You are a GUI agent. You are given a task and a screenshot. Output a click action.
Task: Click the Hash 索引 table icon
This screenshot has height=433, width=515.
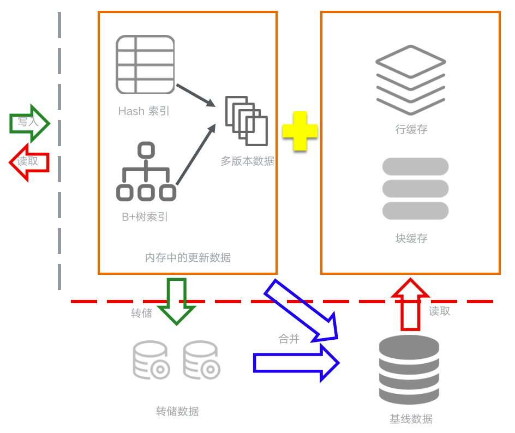(x=145, y=64)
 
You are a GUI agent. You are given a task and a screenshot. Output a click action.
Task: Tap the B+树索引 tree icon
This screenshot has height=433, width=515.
(x=146, y=172)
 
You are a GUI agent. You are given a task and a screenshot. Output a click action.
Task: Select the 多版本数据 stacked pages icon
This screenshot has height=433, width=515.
(x=247, y=121)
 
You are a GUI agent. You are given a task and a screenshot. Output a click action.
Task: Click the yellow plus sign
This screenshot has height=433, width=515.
(x=300, y=131)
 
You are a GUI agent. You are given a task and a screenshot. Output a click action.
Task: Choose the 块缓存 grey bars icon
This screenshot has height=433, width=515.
(x=415, y=189)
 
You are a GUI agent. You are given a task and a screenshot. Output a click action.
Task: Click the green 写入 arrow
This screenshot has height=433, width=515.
(x=29, y=123)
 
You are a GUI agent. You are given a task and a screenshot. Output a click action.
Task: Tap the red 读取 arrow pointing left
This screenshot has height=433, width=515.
(x=29, y=162)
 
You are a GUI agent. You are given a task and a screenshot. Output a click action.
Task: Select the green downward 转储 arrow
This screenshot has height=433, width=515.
(x=176, y=300)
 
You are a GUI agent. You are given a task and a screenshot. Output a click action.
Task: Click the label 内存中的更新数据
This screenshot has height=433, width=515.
(x=188, y=257)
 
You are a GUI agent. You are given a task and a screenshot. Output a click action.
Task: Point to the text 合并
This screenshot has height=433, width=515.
(x=289, y=339)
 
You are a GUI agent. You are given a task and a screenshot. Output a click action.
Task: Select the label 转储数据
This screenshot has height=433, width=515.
(x=177, y=411)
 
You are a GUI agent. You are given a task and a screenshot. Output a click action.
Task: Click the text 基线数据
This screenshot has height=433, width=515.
(x=411, y=419)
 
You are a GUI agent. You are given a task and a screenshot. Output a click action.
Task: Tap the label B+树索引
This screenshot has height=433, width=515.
(x=145, y=216)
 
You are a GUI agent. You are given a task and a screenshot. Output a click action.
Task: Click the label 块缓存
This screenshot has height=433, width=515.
(x=411, y=238)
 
